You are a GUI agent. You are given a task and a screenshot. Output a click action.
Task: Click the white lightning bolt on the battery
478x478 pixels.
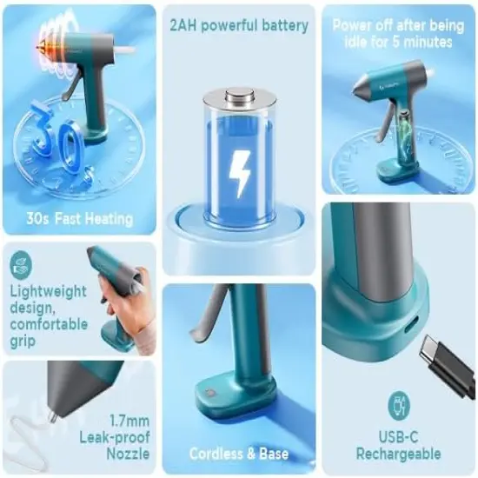tap(239, 173)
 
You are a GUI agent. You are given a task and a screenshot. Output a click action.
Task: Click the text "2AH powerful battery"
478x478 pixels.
tap(239, 25)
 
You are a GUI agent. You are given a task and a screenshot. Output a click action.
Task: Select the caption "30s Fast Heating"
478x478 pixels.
tap(79, 219)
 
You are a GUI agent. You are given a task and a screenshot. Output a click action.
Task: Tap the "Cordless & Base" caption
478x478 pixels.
tap(239, 454)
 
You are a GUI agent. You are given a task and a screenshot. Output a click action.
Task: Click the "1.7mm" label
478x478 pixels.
tap(128, 419)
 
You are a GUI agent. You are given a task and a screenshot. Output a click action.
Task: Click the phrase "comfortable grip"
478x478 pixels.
tap(49, 333)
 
